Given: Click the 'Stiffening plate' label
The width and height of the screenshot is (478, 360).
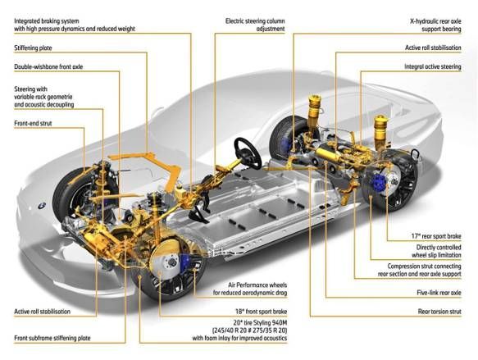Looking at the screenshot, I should pos(33,48).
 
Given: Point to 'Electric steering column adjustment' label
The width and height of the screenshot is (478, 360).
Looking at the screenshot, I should pos(256,24).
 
